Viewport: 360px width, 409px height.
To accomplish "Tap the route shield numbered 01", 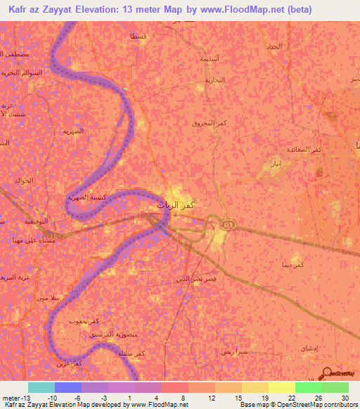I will [228, 224].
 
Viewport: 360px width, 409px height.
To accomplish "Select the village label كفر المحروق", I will [210, 123].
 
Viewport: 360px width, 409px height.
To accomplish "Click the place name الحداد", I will [274, 46].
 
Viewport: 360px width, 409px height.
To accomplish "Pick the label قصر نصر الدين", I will [193, 280].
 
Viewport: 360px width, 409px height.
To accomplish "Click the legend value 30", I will [344, 397].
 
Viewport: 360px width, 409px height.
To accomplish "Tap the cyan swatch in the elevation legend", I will [41, 387].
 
